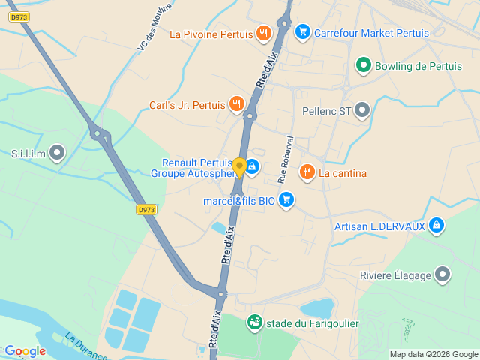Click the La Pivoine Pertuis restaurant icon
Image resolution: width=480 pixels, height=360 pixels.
point(263,33)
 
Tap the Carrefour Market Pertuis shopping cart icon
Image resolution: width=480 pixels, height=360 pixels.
point(302,31)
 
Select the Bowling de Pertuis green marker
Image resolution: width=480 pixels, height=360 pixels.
point(364,66)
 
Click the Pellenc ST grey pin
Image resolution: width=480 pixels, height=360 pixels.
point(362,111)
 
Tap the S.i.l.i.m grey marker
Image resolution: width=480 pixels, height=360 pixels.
point(57,154)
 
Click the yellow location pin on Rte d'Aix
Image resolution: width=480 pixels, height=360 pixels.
point(239,166)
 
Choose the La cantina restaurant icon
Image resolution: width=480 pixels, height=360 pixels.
point(307,173)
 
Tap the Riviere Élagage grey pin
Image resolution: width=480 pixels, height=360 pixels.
point(442,274)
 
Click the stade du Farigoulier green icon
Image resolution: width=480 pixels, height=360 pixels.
point(255,322)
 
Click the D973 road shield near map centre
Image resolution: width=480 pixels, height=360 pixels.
point(146,210)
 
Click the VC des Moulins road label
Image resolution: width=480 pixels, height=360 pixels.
point(154,25)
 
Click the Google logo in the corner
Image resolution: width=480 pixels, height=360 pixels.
point(25,351)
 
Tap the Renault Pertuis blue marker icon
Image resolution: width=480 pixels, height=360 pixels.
point(253,167)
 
